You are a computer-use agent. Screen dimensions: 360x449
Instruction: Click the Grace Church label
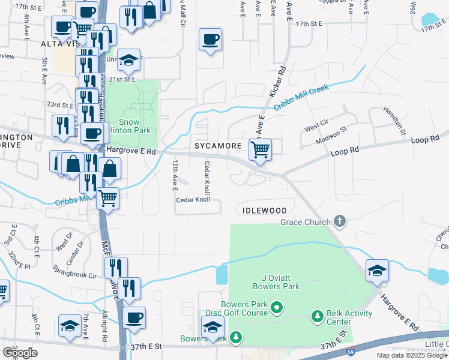tap(306, 222)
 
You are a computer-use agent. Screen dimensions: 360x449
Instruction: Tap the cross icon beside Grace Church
tap(340, 221)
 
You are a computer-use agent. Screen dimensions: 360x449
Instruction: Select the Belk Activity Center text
tap(349, 317)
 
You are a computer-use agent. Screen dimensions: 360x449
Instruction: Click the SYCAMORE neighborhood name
tap(217, 146)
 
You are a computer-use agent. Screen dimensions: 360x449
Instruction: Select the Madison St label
tap(331, 136)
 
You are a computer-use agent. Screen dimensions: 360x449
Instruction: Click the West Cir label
tap(315, 128)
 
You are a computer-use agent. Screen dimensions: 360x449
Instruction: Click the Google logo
tap(20, 353)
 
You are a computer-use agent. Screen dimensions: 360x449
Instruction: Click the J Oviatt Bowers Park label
tap(272, 282)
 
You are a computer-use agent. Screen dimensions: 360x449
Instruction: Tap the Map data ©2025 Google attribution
tap(412, 355)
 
